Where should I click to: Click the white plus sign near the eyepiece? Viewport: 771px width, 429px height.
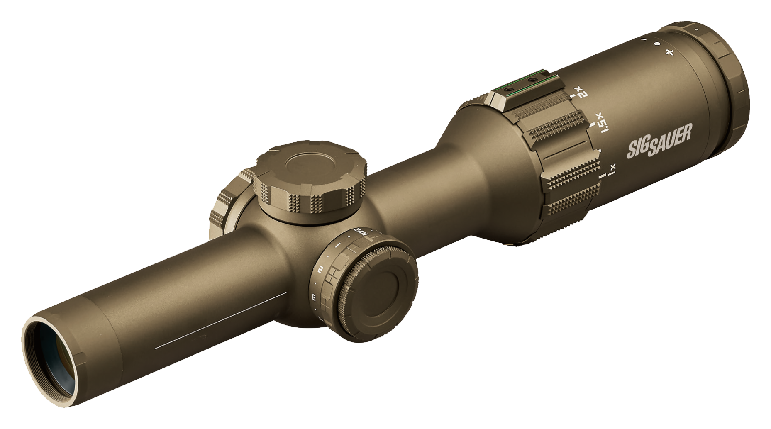669,52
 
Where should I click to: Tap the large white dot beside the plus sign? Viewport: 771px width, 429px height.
657,44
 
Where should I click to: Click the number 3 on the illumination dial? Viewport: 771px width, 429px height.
314,297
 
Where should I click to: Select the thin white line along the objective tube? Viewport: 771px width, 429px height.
220,320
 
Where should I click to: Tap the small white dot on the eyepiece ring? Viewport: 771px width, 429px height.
696,30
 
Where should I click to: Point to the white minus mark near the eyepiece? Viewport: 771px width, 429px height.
644,39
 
